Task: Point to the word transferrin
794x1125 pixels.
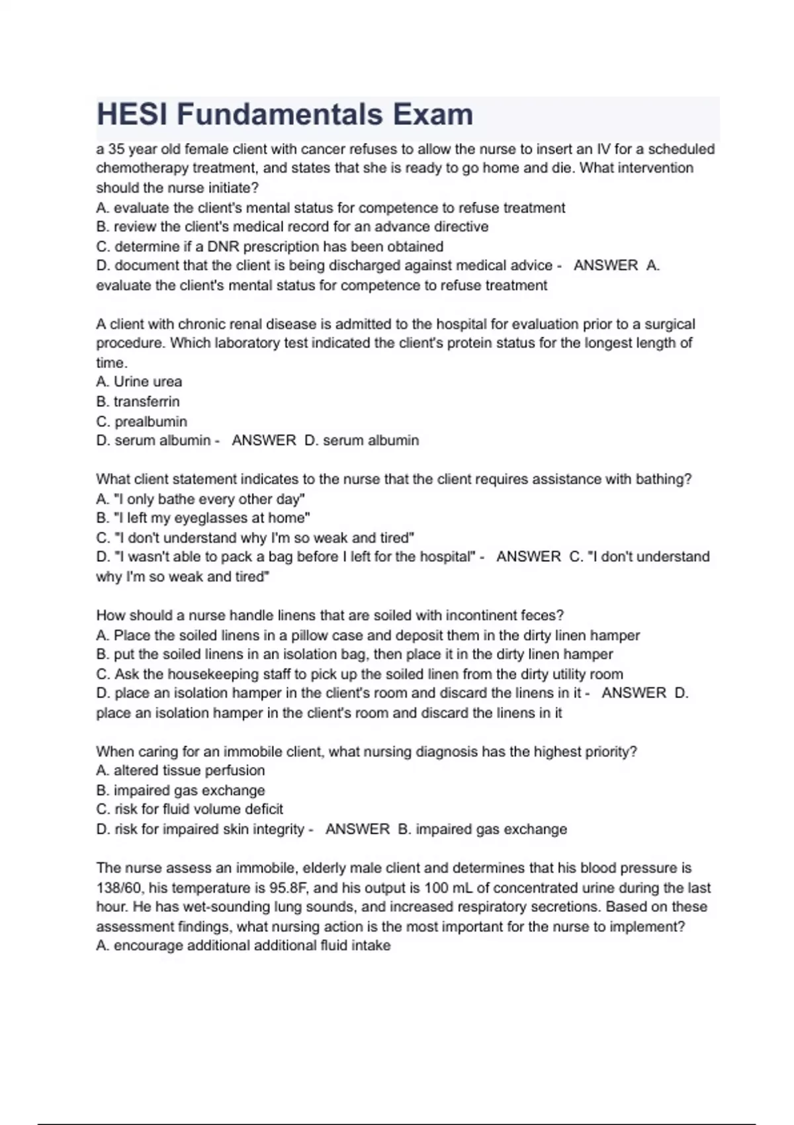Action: (146, 402)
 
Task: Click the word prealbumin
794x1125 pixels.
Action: (151, 422)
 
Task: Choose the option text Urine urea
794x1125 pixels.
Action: (148, 382)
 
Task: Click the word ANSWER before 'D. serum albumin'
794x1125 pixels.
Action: (264, 441)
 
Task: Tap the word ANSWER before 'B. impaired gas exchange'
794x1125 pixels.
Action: (357, 829)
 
